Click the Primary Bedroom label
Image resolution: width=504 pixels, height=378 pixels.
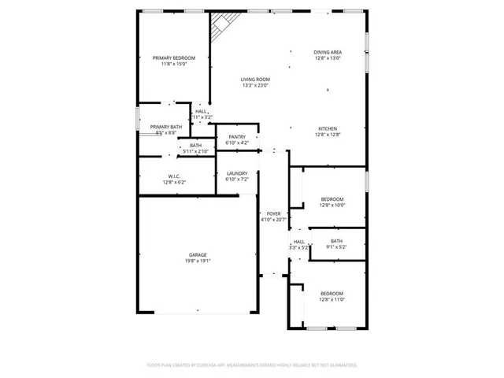click(173, 58)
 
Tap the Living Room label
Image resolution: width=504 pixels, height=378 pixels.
click(255, 80)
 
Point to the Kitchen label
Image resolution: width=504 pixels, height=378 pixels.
click(328, 128)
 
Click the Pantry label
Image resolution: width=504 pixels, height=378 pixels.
click(237, 137)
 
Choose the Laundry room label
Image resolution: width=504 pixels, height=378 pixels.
click(237, 173)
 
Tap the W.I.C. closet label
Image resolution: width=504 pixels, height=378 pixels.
click(174, 176)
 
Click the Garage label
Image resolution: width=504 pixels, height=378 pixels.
click(198, 254)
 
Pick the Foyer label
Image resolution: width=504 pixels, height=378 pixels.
click(274, 213)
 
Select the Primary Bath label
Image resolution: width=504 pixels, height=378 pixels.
click(166, 127)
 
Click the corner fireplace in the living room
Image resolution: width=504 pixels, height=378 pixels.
click(220, 24)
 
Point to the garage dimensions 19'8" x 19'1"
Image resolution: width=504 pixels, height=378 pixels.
click(198, 261)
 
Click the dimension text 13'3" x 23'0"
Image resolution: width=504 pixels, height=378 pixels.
click(255, 86)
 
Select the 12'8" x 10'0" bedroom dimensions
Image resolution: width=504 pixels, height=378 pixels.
click(332, 206)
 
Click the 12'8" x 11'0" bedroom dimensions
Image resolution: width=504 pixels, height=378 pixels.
click(332, 299)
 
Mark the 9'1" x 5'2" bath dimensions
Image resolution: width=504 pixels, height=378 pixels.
click(336, 248)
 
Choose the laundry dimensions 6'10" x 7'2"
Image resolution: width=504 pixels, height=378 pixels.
click(237, 180)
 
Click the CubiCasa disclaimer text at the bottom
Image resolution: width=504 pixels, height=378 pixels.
click(252, 365)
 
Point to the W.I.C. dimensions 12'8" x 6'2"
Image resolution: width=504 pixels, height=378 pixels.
click(174, 182)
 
